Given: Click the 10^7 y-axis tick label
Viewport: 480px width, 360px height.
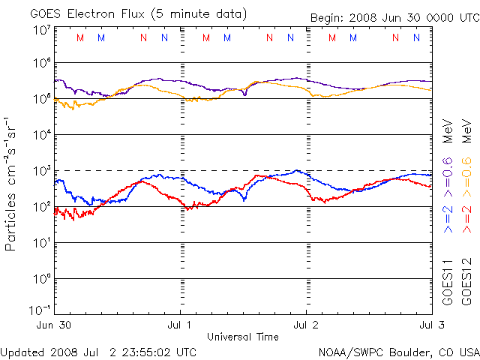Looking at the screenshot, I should tap(41, 30).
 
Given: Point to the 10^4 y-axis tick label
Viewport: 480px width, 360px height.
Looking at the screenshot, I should tap(41, 135).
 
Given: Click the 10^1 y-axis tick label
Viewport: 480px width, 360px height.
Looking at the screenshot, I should tap(41, 243).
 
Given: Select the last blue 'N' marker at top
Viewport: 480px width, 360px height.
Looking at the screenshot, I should tap(417, 37).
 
